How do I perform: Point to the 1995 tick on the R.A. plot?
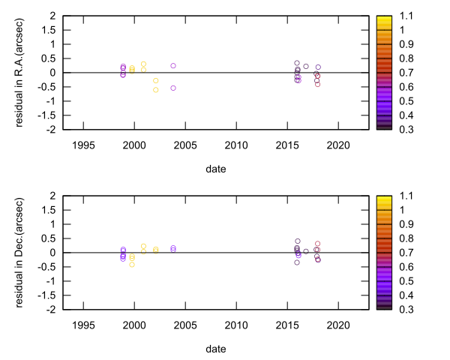coord(83,143)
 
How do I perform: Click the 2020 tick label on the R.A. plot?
coord(338,143)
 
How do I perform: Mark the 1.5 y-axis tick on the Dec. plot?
coord(52,210)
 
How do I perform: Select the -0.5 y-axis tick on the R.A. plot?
coord(49,87)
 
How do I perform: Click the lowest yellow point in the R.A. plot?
coord(156,90)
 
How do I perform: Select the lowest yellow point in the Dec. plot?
coord(132,265)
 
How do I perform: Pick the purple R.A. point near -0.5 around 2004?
coord(173,88)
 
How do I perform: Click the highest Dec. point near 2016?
coord(298,241)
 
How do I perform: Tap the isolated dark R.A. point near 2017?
coord(306,67)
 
